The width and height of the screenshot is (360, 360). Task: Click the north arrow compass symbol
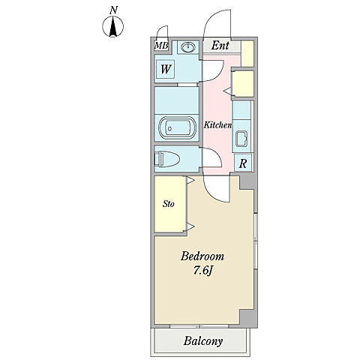(x=113, y=26)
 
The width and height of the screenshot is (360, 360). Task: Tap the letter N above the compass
(x=114, y=10)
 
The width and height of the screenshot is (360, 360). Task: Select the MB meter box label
(x=161, y=46)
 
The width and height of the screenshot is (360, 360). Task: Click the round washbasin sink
(x=188, y=47)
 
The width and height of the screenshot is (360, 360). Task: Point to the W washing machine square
(x=166, y=69)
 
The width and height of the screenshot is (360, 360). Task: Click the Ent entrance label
(x=220, y=46)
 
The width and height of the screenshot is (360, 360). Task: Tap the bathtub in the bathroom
(x=177, y=128)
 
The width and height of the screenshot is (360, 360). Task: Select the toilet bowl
(x=166, y=159)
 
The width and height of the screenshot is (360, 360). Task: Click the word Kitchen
(x=217, y=124)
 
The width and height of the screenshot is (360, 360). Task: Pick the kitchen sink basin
(x=241, y=139)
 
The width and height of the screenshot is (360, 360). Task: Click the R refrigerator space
(x=243, y=163)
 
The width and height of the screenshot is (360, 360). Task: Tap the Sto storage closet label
(x=169, y=204)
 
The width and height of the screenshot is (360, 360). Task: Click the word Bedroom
(x=202, y=256)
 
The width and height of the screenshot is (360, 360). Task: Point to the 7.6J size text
(x=203, y=271)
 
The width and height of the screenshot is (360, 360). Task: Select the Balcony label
(x=203, y=341)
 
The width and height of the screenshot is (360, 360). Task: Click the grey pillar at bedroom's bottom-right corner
(x=248, y=318)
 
